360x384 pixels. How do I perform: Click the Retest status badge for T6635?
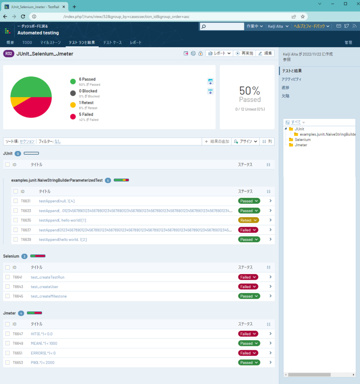pyautogui.click(x=248, y=220)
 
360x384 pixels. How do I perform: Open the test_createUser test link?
pyautogui.click(x=44, y=287)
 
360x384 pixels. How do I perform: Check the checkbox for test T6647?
pyautogui.click(x=8, y=334)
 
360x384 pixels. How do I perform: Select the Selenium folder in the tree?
pyautogui.click(x=302, y=139)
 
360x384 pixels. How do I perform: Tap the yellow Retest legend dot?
pyautogui.click(x=73, y=105)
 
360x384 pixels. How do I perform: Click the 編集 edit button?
pyautogui.click(x=265, y=54)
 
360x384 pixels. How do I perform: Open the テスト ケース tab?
pyautogui.click(x=112, y=43)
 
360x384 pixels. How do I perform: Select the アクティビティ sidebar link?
pyautogui.click(x=291, y=79)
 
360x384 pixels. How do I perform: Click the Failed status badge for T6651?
pyautogui.click(x=248, y=353)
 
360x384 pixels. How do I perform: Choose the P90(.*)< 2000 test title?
pyautogui.click(x=42, y=363)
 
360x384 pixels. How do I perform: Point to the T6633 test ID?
pyautogui.click(x=26, y=211)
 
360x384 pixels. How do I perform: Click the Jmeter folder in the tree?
pyautogui.click(x=301, y=145)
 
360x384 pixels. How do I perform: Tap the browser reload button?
pyautogui.click(x=23, y=16)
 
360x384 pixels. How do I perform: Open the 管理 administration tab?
pyautogui.click(x=348, y=43)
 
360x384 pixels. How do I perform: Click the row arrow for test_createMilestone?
pyautogui.click(x=270, y=296)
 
